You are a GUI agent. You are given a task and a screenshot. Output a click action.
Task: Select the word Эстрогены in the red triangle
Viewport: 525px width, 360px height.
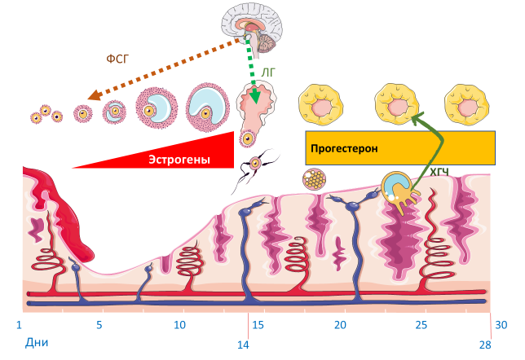[x=179, y=160]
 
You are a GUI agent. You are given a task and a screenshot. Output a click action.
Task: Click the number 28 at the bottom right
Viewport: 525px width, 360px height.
[x=485, y=345]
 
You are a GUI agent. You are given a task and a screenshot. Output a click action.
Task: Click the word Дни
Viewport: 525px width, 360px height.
[x=37, y=343]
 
